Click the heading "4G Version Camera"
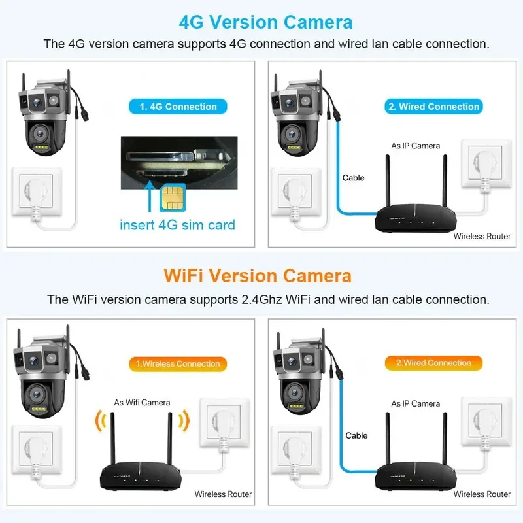point(265,22)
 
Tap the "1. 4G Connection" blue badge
point(177,106)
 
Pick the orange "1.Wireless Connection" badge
point(177,363)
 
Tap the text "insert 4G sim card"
point(177,225)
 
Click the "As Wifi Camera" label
point(142,402)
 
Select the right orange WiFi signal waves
point(183,422)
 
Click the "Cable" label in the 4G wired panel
point(353,178)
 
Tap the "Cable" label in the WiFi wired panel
point(356,435)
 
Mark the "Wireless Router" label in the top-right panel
point(482,236)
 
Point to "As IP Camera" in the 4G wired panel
point(415,146)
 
